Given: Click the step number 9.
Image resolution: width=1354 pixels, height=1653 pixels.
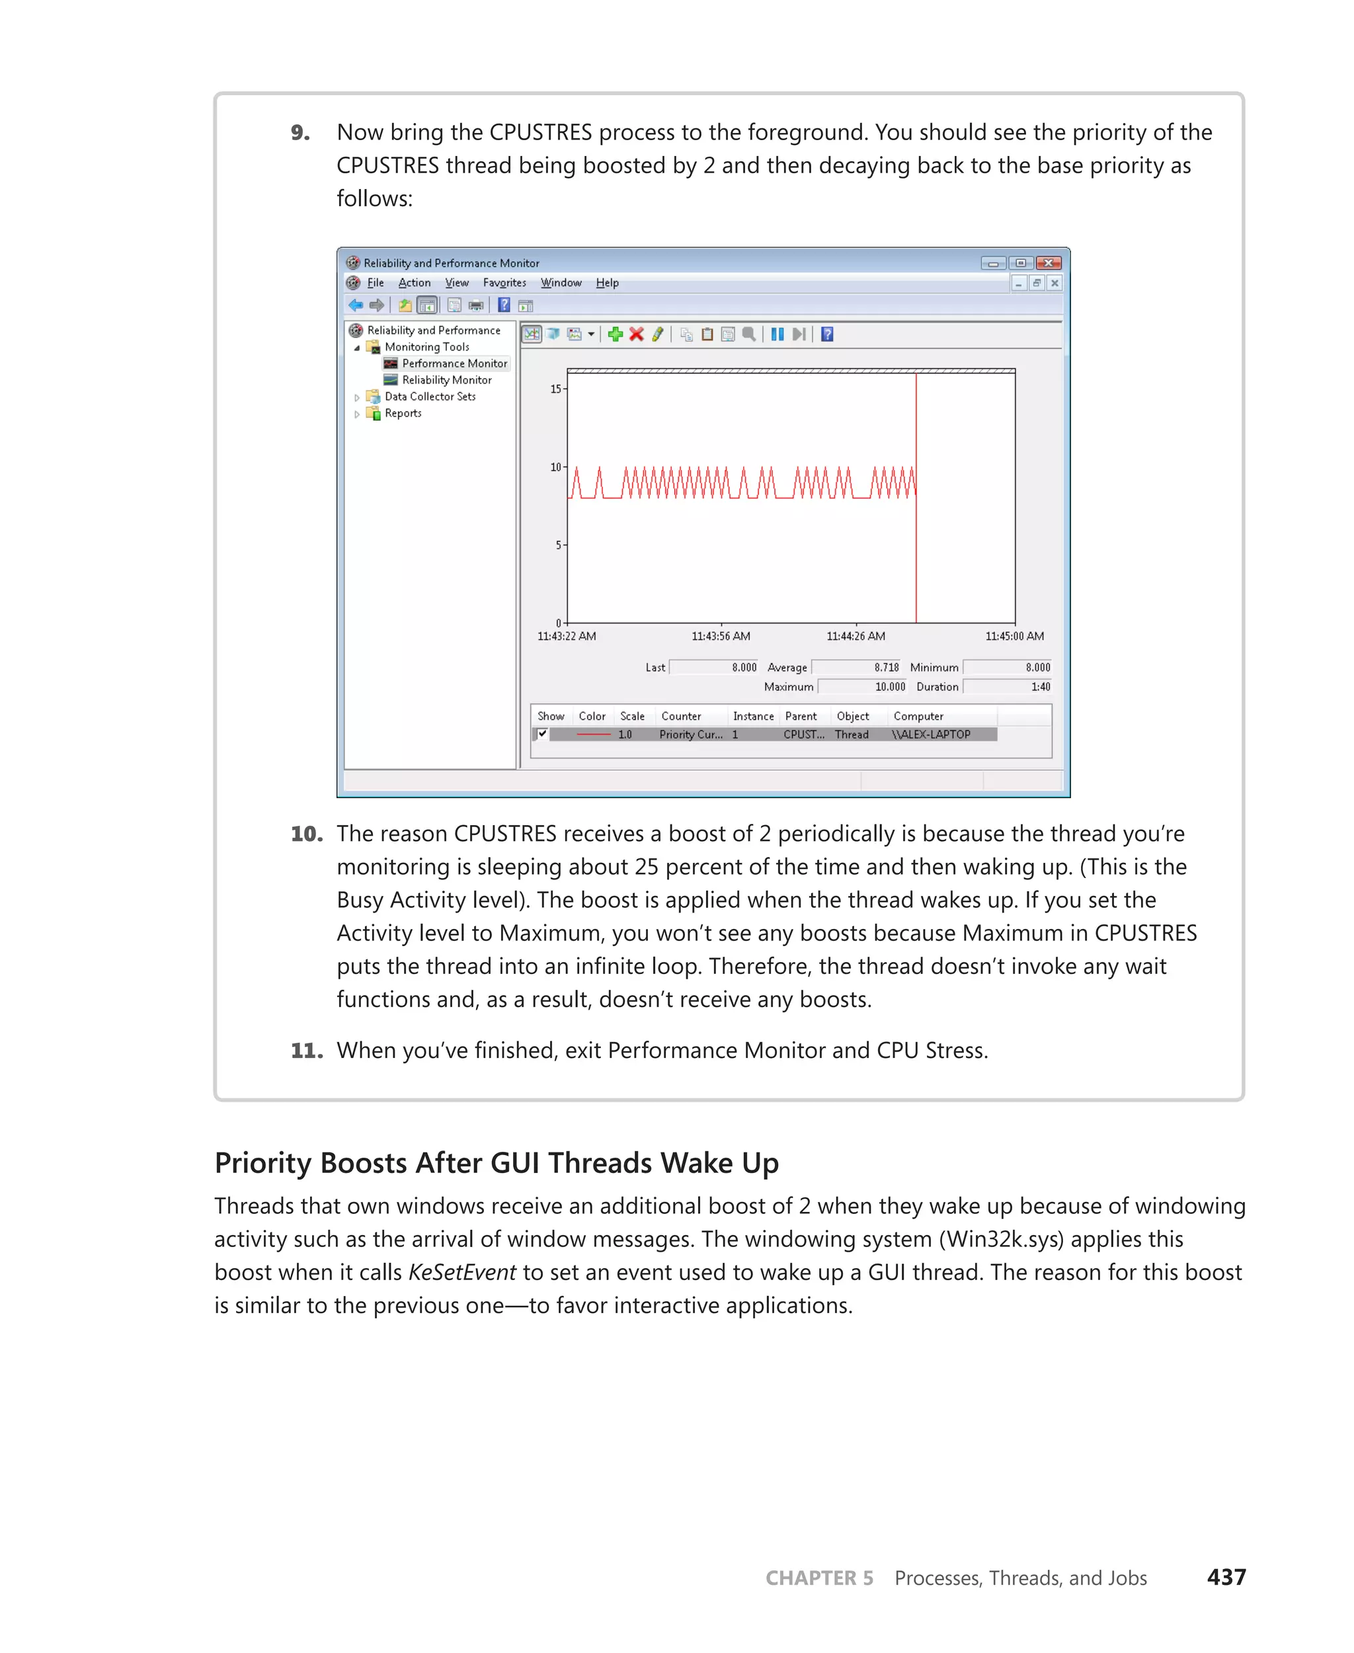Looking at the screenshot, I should [x=299, y=133].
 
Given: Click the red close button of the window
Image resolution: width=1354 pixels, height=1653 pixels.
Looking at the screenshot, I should [x=1049, y=263].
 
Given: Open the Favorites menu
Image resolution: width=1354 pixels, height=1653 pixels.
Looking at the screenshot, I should [x=504, y=283].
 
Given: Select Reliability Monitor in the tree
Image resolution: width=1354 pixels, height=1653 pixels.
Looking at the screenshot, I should [x=446, y=380].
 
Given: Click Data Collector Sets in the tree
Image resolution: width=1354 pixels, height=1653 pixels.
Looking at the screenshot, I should [x=430, y=396].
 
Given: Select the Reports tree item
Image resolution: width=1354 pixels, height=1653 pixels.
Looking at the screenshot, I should [x=403, y=413].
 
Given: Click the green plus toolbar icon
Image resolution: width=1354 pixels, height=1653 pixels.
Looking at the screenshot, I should [x=616, y=335].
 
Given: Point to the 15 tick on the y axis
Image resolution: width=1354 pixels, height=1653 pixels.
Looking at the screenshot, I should [x=556, y=389].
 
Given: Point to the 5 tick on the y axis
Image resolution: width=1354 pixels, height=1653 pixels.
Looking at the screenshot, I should [x=559, y=545].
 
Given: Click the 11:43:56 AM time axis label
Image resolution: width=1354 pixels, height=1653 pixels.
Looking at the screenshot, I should [x=721, y=637].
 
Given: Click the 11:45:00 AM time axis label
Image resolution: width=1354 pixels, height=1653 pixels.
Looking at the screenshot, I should [x=1014, y=637].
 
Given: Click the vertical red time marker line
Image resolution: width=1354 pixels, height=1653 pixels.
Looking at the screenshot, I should [x=916, y=561].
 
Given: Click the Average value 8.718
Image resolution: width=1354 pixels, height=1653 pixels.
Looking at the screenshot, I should [x=886, y=668].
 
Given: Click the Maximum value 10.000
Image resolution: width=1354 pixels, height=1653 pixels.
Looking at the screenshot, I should [x=889, y=687].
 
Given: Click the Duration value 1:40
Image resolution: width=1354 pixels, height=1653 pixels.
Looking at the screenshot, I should [x=1041, y=687].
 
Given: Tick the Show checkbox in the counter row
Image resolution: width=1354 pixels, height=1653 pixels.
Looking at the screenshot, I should [x=542, y=734].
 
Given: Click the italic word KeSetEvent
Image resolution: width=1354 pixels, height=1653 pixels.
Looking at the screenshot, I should [x=461, y=1272].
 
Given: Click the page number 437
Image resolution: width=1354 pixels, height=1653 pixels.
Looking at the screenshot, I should [x=1226, y=1578].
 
